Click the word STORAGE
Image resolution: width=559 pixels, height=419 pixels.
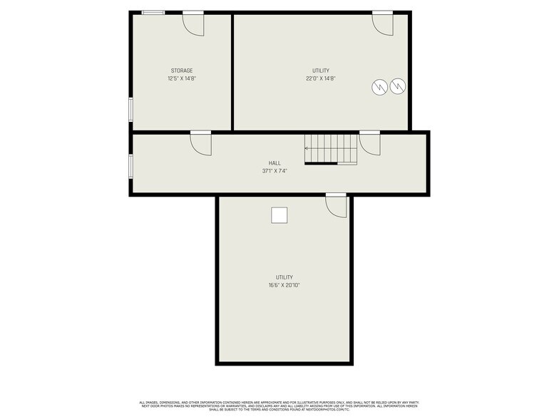[x=182, y=71]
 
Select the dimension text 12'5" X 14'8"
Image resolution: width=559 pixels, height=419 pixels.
[x=182, y=78]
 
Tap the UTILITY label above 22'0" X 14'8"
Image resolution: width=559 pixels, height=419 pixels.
[x=321, y=71]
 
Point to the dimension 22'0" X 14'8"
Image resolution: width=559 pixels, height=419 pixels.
[x=321, y=78]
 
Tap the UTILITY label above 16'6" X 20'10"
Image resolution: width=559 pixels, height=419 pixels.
[x=284, y=277]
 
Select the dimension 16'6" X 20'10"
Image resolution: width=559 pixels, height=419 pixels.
[x=284, y=285]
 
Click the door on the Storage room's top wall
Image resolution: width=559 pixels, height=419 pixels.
[x=193, y=23]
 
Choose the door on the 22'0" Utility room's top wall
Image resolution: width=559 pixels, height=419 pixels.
[x=383, y=23]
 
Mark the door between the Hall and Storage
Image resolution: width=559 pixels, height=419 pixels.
[x=201, y=143]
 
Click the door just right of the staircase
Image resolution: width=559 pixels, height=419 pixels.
[x=369, y=143]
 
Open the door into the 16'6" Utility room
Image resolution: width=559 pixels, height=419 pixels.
[x=336, y=205]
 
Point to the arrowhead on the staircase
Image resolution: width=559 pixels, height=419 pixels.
[x=307, y=149]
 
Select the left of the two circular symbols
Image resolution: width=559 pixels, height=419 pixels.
[x=380, y=87]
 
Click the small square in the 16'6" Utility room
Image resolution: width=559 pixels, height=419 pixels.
[x=279, y=214]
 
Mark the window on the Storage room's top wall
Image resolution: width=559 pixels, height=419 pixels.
[x=153, y=12]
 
